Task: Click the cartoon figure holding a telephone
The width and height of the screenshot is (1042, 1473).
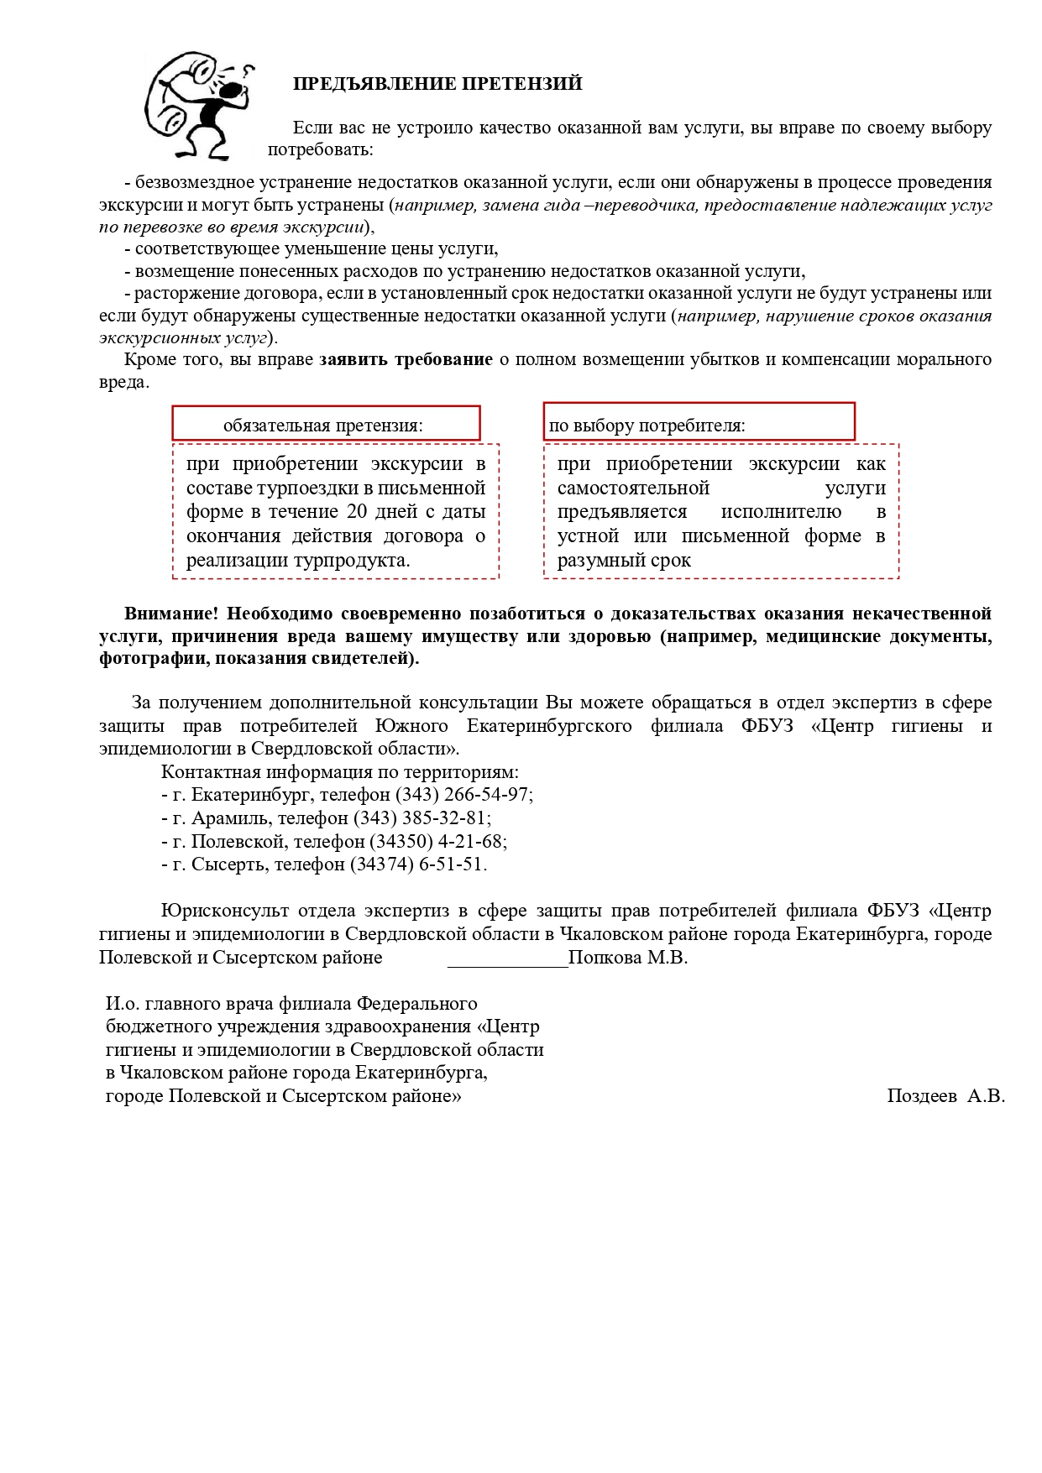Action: [x=198, y=105]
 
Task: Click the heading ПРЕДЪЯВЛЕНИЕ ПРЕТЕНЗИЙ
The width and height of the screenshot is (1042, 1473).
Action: [x=437, y=84]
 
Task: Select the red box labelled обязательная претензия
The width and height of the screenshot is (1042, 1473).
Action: [x=326, y=424]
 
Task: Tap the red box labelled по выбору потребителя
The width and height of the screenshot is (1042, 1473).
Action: [x=699, y=423]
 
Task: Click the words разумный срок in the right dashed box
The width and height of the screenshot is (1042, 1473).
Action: [x=624, y=561]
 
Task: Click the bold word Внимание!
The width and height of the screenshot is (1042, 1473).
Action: [x=172, y=614]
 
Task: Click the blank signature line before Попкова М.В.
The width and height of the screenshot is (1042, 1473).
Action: [x=507, y=959]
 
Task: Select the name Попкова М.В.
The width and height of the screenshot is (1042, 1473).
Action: [x=627, y=958]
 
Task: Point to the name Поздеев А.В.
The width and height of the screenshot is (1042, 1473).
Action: [x=945, y=1096]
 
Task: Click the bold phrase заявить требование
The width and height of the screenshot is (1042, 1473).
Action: [x=406, y=360]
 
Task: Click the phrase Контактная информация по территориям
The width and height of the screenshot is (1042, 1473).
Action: [x=339, y=771]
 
